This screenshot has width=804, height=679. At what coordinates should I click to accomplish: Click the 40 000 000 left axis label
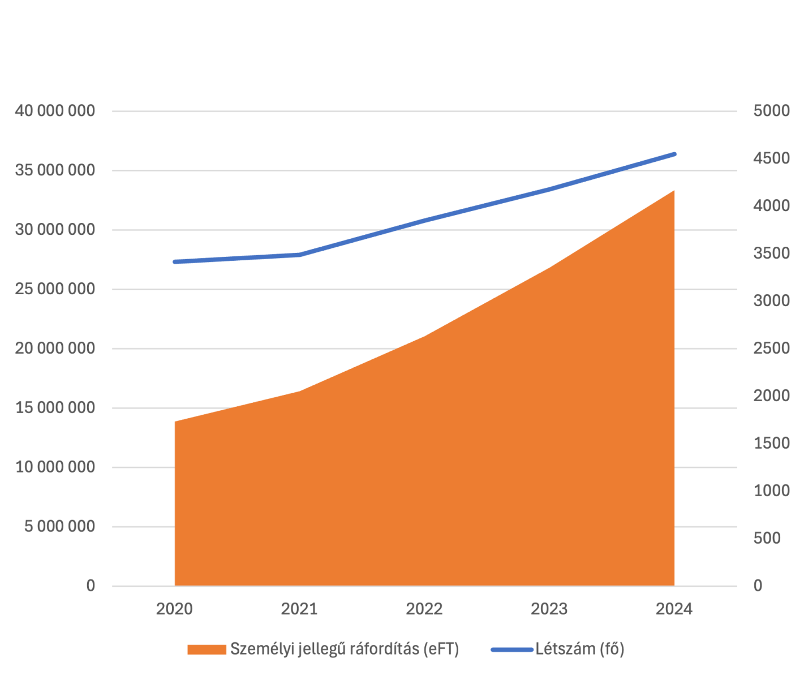(x=55, y=111)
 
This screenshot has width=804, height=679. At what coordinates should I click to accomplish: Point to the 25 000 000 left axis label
(x=55, y=289)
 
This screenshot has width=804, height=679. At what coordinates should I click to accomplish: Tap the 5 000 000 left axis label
(x=59, y=527)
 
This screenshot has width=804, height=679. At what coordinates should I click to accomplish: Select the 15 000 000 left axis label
(x=55, y=408)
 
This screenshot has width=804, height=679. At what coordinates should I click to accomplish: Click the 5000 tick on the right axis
(x=771, y=111)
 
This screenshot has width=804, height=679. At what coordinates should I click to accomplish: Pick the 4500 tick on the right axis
(x=771, y=158)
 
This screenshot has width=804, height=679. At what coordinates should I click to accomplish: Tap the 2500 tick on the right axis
(x=771, y=348)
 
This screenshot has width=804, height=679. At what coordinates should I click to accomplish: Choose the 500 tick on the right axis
(x=767, y=538)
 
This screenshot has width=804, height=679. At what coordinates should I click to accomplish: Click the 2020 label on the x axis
(x=174, y=609)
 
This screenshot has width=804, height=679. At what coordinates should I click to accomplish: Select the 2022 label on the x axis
(x=424, y=609)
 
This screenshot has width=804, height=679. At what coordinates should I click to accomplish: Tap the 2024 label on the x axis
(x=674, y=609)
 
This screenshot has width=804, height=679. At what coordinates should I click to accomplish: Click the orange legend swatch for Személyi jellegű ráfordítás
(x=207, y=650)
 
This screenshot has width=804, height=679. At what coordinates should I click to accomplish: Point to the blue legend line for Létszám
(x=511, y=650)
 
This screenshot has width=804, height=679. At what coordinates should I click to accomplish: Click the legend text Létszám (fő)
(x=579, y=649)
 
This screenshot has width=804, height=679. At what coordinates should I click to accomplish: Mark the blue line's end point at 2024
(x=674, y=154)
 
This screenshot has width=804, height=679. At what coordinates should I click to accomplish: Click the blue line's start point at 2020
(x=175, y=262)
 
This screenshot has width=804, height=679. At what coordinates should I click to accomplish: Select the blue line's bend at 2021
(x=300, y=255)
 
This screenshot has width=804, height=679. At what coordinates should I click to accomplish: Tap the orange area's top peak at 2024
(x=674, y=191)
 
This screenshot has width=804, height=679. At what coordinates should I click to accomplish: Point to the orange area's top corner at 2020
(x=175, y=422)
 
